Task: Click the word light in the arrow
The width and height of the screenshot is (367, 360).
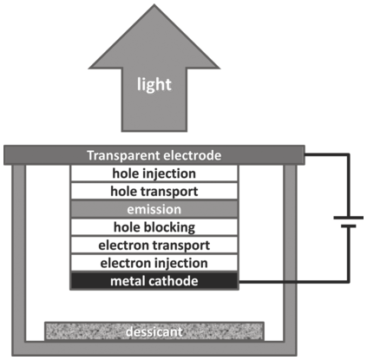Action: (154, 85)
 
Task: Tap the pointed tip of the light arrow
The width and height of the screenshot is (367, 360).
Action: (154, 4)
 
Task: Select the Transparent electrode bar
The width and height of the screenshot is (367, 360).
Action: (154, 155)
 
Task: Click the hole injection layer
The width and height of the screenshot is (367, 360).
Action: (154, 173)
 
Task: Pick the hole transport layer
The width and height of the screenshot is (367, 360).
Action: (154, 192)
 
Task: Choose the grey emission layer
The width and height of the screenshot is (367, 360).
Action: (154, 209)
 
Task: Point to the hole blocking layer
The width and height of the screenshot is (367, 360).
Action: (154, 227)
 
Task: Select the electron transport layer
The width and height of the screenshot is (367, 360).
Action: (154, 245)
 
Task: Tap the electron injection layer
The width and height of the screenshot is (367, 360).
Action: (154, 263)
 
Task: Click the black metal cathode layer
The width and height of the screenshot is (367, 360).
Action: (154, 281)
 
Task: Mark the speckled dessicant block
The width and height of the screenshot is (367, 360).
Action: (154, 331)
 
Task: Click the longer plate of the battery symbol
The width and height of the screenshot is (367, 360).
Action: (349, 218)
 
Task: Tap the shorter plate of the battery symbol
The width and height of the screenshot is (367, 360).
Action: (349, 226)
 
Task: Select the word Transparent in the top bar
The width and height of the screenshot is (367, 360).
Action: (119, 155)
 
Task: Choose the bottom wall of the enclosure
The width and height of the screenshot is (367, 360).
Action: (154, 349)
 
